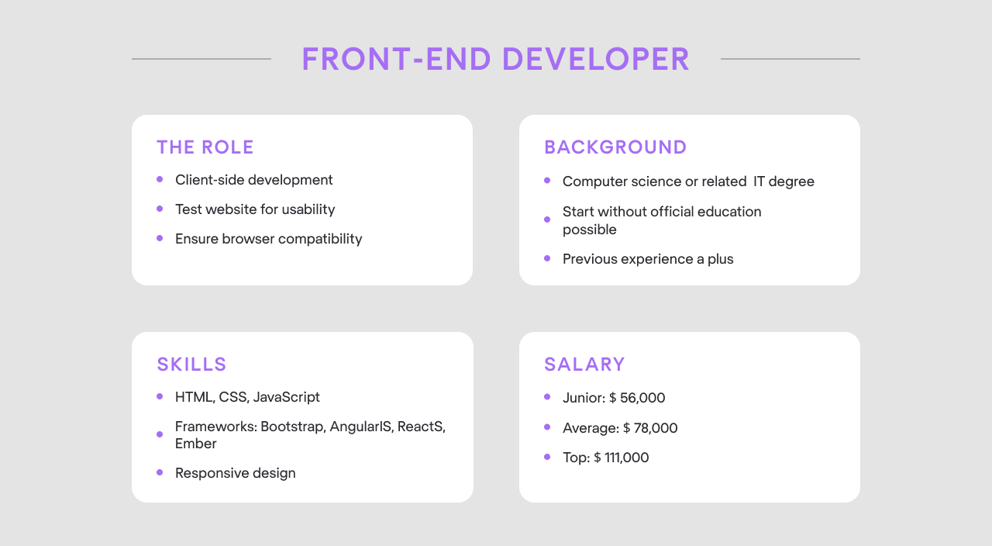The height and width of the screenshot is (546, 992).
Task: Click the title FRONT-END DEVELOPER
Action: (495, 60)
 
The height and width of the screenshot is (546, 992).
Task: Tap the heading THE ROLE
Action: (205, 147)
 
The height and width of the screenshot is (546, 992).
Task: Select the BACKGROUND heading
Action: (615, 147)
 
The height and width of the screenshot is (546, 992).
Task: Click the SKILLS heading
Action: (191, 365)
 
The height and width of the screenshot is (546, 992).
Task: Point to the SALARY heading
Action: (584, 365)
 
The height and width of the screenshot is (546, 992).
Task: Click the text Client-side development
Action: (253, 180)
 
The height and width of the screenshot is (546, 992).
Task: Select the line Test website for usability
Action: (255, 209)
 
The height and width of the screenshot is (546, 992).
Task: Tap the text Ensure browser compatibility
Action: (268, 239)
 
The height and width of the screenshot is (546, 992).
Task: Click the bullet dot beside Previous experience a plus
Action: (547, 258)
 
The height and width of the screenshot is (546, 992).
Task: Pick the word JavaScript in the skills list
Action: (286, 397)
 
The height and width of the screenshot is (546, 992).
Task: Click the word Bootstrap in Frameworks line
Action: (293, 427)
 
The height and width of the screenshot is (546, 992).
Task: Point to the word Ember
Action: (195, 444)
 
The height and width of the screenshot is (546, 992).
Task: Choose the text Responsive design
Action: (235, 473)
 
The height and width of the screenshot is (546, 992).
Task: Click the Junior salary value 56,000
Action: (642, 398)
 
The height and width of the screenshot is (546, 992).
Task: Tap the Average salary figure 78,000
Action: (656, 428)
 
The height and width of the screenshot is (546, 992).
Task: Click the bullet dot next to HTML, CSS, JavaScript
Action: (160, 396)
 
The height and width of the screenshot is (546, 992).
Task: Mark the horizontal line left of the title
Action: (201, 59)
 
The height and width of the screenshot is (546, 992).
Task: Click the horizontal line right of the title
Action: (790, 59)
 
